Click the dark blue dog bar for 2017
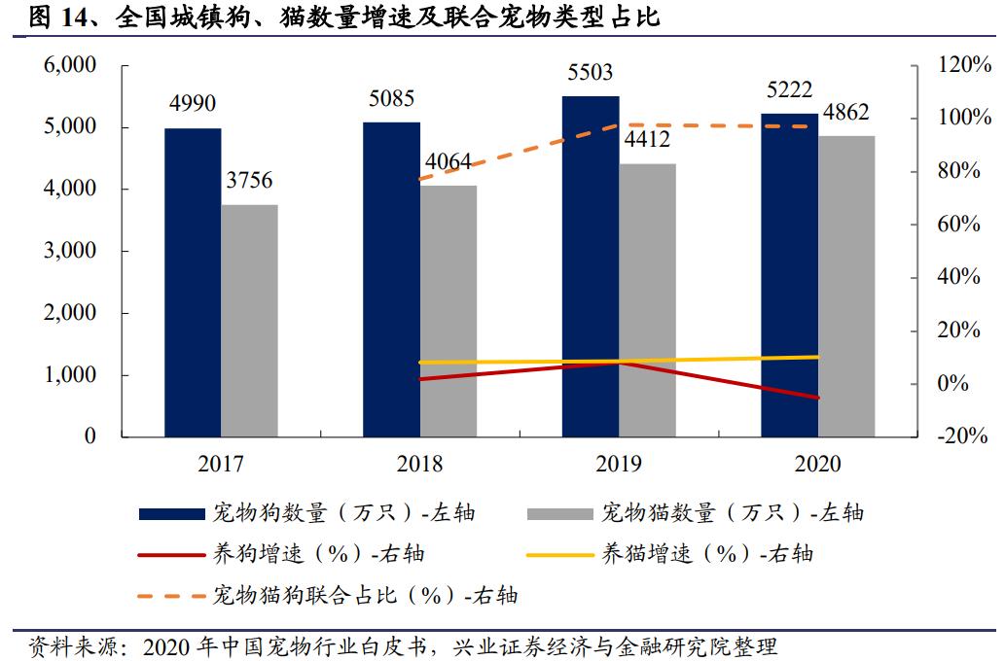coord(193,282)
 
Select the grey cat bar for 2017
coord(249,320)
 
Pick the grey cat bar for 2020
coord(846,286)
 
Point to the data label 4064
coord(449,160)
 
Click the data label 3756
coord(249,181)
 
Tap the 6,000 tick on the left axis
coord(69,65)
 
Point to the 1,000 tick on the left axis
coord(69,375)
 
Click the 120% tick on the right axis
coord(957,65)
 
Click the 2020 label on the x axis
coord(817,464)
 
